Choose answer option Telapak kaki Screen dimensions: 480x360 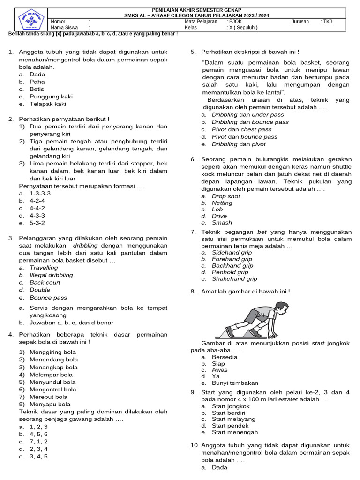pyautogui.click(x=48, y=104)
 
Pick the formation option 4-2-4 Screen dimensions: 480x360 pyautogui.click(x=37, y=201)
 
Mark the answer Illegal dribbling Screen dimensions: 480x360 pyautogui.click(x=51, y=275)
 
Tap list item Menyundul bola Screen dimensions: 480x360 pyautogui.click(x=52, y=382)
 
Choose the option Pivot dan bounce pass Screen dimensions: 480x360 pyautogui.click(x=244, y=137)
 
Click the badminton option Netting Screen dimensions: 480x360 pyautogui.click(x=222, y=203)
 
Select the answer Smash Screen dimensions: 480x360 pyautogui.click(x=222, y=223)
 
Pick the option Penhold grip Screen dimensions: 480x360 pyautogui.click(x=230, y=272)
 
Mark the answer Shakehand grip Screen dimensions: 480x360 pyautogui.click(x=234, y=279)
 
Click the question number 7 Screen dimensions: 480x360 pyautogui.click(x=193, y=232)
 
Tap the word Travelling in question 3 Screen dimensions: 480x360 pyautogui.click(x=44, y=268)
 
